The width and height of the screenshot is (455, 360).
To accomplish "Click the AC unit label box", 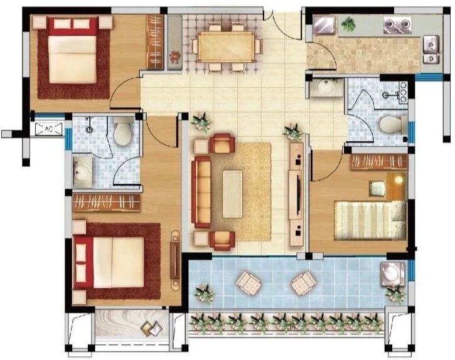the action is [49, 129].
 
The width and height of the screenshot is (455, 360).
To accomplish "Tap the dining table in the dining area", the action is [227, 46].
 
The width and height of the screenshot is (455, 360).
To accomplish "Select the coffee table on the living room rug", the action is [232, 194].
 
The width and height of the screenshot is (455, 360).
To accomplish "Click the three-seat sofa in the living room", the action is [201, 192].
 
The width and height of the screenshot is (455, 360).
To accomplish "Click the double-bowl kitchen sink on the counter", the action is [397, 24].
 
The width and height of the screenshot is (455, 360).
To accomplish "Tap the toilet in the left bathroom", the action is [124, 131].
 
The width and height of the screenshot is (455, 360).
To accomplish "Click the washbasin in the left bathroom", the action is [83, 172].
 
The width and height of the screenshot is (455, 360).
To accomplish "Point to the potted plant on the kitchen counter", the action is [348, 24].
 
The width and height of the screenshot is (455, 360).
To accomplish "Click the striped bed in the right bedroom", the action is [370, 221].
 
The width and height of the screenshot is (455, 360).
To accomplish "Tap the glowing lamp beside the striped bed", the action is [399, 180].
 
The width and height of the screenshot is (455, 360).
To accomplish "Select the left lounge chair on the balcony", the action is [249, 283].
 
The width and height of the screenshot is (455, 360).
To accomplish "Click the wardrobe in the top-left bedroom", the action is [155, 42].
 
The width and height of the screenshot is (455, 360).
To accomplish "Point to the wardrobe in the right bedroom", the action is [379, 162].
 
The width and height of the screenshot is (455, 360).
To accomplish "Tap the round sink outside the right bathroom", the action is [326, 87].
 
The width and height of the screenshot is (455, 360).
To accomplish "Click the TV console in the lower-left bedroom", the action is [175, 260].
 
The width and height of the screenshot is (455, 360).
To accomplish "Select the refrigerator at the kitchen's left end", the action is [324, 25].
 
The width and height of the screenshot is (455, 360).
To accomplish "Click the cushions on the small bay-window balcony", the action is [152, 328].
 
